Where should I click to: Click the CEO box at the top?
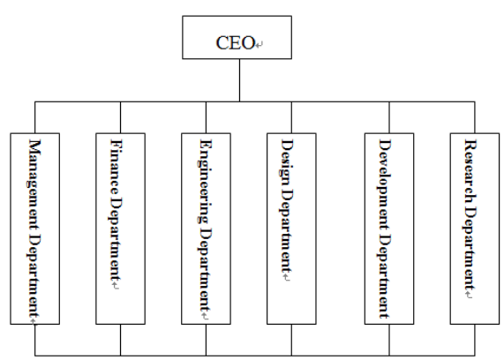tap(237, 37)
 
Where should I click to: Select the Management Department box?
tap(35, 229)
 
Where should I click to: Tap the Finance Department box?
tap(121, 229)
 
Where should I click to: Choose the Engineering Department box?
tap(206, 229)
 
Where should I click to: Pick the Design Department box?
tap(291, 229)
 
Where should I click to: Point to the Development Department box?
tap(389, 229)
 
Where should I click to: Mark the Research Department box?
tap(475, 229)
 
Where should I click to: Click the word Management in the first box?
tap(34, 184)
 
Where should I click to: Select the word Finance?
tap(115, 167)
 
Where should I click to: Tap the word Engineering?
tap(205, 181)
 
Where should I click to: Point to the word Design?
tap(286, 161)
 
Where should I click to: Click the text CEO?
tap(236, 42)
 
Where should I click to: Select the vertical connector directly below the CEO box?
tap(239, 80)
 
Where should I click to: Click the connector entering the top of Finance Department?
tap(121, 117)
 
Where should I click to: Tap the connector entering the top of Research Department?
tap(475, 117)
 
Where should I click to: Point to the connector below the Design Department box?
tap(291, 340)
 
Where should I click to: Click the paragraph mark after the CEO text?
tap(260, 44)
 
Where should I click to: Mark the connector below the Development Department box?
tap(389, 340)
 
